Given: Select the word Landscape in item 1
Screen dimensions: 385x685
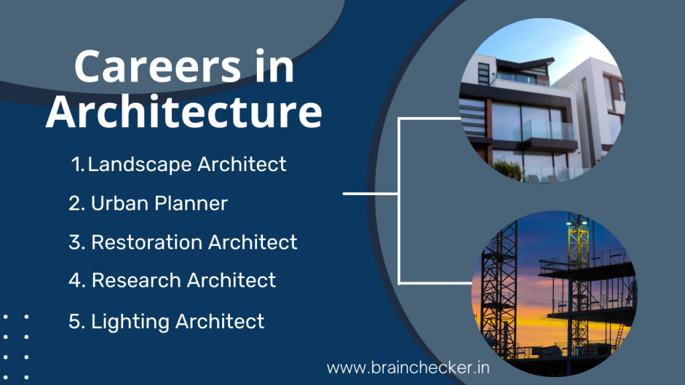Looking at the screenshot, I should tap(132, 164).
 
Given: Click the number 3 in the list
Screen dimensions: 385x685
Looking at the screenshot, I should tap(75, 242).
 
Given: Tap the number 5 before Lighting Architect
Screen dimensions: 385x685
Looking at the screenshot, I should tap(75, 322).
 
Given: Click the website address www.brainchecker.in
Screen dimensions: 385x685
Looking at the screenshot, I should tap(408, 367).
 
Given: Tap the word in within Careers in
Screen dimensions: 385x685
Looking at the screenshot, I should tap(275, 68).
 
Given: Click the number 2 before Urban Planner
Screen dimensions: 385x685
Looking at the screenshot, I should tap(75, 203).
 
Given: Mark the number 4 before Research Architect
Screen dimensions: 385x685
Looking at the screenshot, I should tap(75, 281).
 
